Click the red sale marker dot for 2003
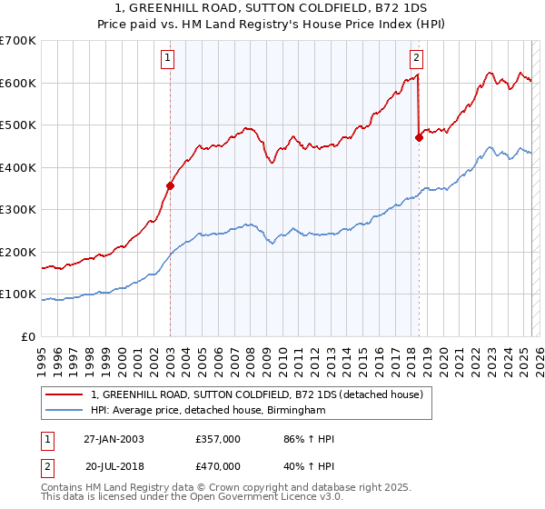(x=170, y=185)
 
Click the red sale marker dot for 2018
(x=419, y=138)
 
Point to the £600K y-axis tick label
(x=18, y=83)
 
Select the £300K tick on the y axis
(x=18, y=210)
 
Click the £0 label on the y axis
(x=27, y=336)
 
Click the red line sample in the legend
(x=64, y=395)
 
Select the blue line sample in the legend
(x=64, y=411)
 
